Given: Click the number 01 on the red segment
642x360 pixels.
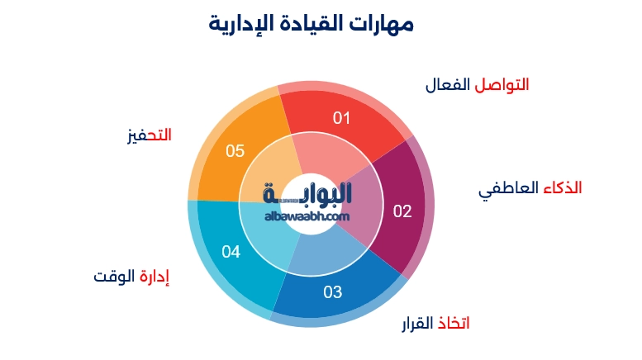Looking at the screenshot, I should point(342,118).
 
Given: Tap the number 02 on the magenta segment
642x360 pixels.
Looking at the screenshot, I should point(402,211).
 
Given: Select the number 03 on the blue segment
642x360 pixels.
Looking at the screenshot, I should point(332,291).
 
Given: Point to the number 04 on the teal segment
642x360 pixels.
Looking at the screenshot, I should point(231,252).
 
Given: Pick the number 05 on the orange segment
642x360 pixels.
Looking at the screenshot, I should point(235,151).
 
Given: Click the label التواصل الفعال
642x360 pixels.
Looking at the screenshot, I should point(477,85).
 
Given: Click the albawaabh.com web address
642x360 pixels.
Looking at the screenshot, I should point(308,216).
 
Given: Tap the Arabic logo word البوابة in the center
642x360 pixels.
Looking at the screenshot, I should point(307,193).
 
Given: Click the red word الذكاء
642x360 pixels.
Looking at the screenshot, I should point(562,188).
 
